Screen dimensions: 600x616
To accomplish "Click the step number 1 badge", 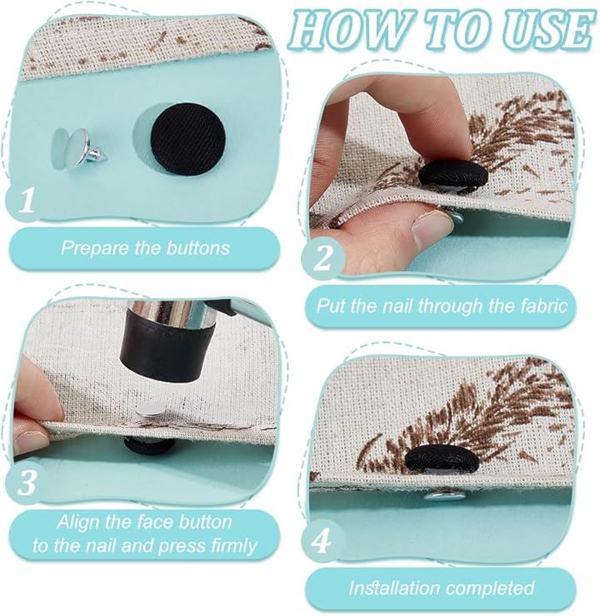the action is pos(27,201).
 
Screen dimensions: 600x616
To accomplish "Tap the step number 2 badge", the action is pos(322,258).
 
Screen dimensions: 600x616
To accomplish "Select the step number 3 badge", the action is pos(27,483).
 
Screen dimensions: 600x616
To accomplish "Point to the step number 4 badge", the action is pos(322,540).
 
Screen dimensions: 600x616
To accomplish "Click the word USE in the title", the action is pos(551,30).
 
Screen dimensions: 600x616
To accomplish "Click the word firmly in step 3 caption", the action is pos(234,546).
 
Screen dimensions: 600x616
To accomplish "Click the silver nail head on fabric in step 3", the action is pos(151,411).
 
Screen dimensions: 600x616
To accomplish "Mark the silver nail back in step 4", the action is pos(444,497).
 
